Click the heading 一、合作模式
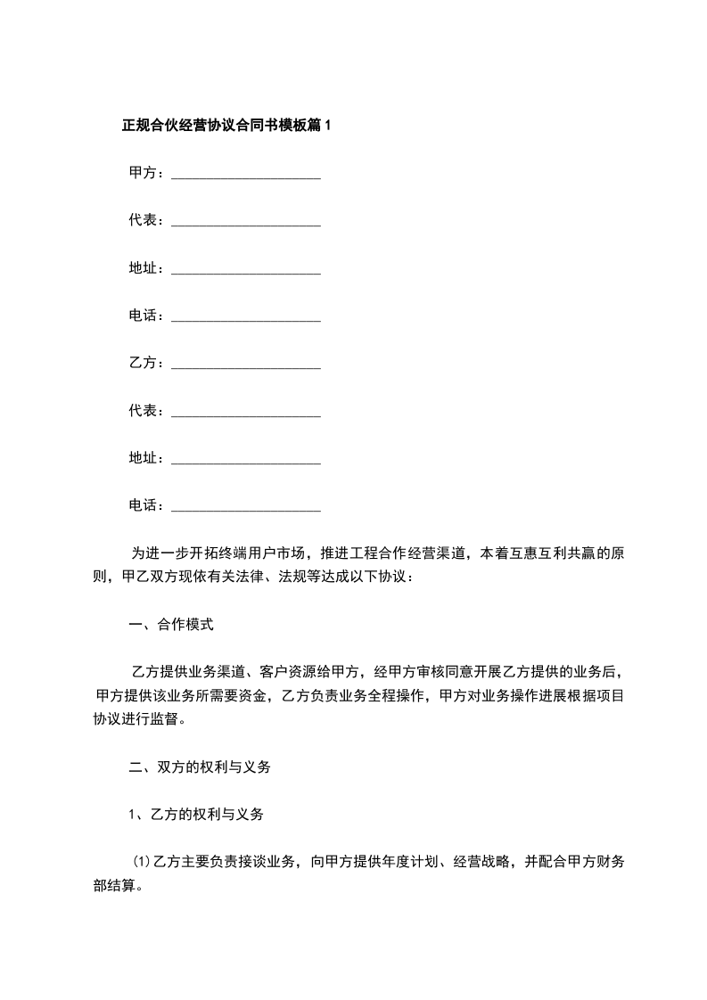pyautogui.click(x=171, y=625)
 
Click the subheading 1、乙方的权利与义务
pyautogui.click(x=196, y=815)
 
